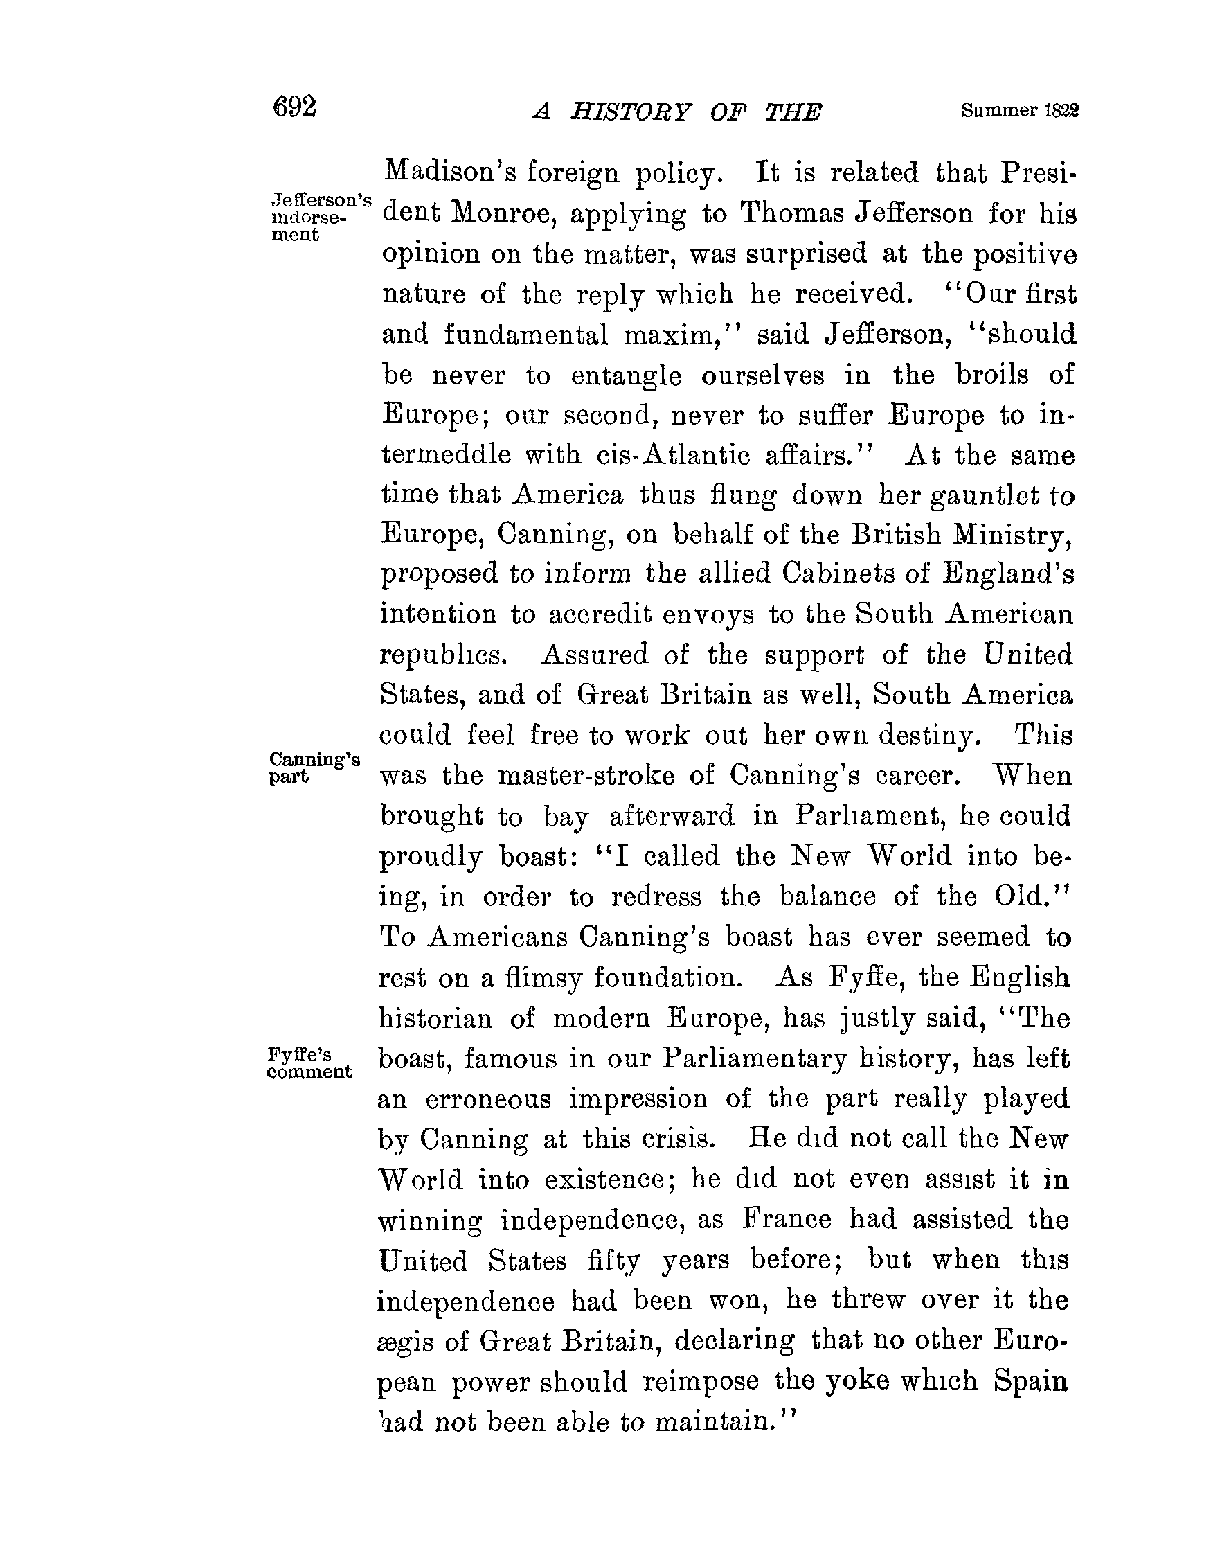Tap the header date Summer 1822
pos(1020,111)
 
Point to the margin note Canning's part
pos(314,767)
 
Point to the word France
pos(786,1220)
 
